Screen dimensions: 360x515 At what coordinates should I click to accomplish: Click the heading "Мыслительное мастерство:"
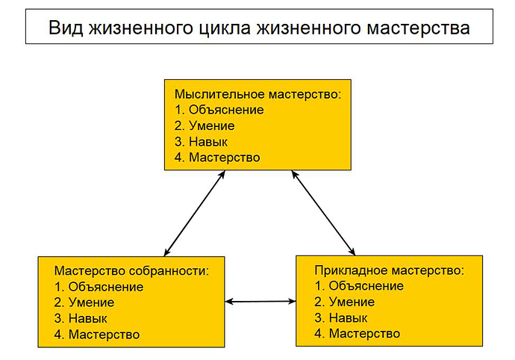[257, 95]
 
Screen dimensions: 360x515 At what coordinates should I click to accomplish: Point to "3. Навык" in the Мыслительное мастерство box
[201, 142]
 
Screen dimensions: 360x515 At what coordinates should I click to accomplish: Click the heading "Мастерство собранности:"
[131, 270]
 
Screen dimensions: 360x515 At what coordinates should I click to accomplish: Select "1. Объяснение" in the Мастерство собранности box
[99, 286]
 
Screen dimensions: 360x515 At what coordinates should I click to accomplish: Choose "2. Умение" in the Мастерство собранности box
[84, 302]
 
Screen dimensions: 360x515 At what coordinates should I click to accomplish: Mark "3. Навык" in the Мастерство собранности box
[81, 319]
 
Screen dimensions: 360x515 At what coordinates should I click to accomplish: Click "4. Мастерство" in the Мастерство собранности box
[97, 335]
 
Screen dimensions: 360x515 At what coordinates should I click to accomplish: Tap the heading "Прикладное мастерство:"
[389, 269]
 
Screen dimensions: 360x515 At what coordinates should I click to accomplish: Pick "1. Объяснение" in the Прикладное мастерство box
[359, 285]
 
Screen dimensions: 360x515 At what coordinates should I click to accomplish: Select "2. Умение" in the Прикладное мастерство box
[345, 301]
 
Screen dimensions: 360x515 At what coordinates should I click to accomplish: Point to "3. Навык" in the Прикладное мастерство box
[341, 317]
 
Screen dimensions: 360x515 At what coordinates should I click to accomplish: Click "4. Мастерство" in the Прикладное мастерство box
[358, 333]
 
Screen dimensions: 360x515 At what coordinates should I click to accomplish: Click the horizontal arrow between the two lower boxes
[260, 302]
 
